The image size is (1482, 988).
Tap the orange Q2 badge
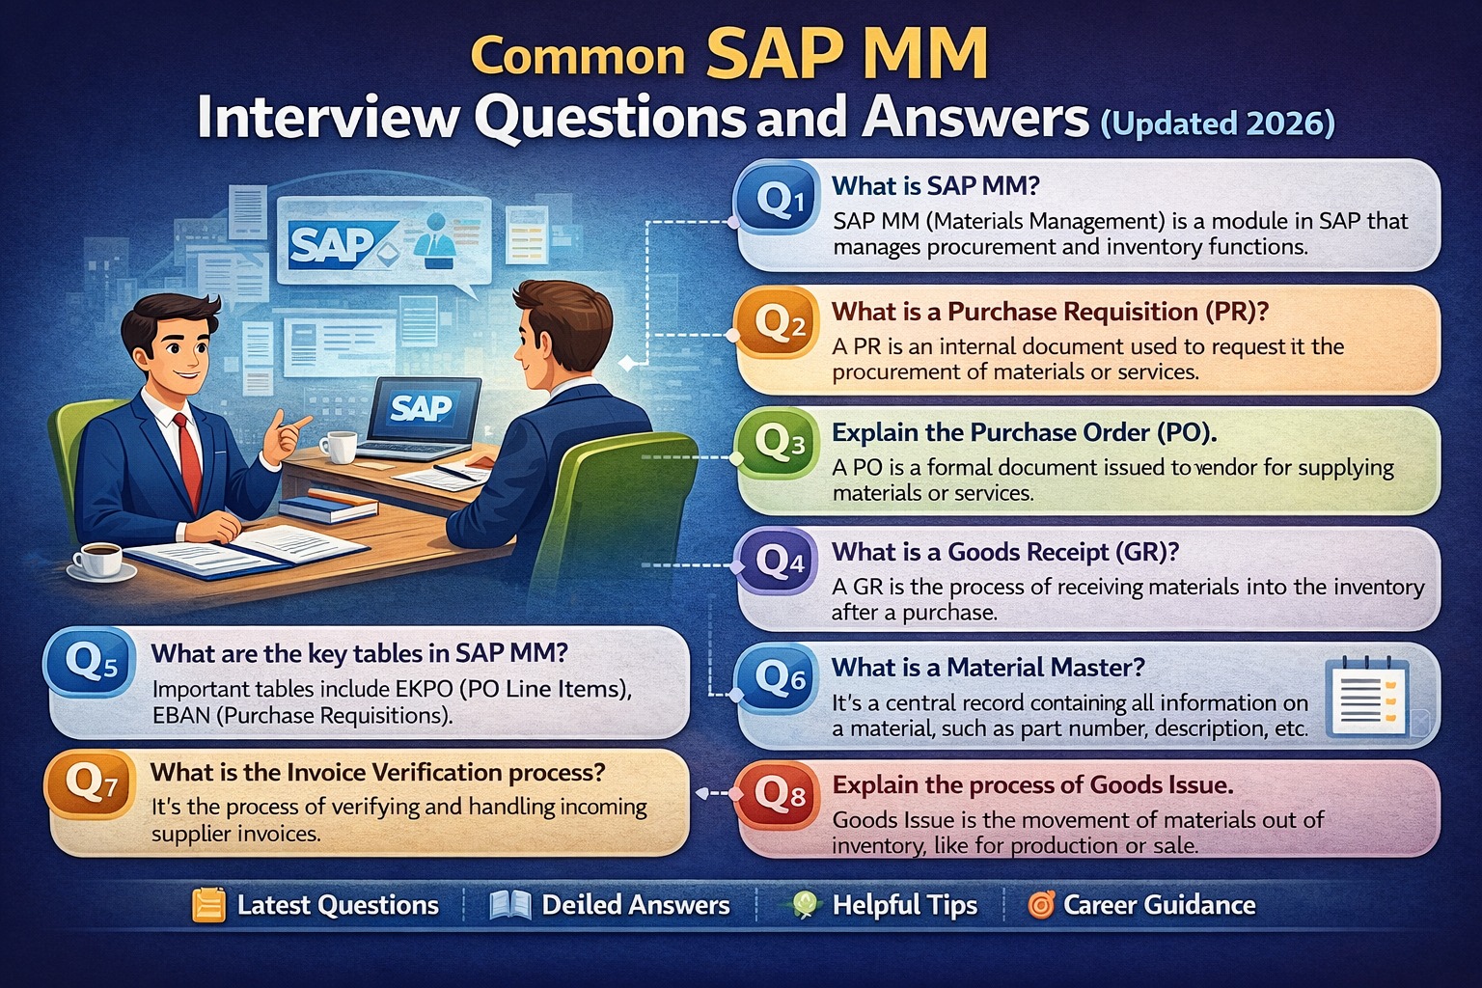[778, 323]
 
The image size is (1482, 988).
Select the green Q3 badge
[778, 444]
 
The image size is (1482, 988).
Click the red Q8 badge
[778, 795]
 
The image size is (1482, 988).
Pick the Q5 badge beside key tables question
[90, 663]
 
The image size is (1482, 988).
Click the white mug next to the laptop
[339, 447]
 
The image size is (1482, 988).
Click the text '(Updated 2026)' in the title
[1218, 123]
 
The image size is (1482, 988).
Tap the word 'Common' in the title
[577, 57]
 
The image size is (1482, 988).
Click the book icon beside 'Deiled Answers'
[510, 905]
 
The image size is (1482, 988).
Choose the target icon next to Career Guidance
[1041, 905]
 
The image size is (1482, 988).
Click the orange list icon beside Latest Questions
[208, 905]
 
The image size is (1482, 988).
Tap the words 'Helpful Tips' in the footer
[904, 905]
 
